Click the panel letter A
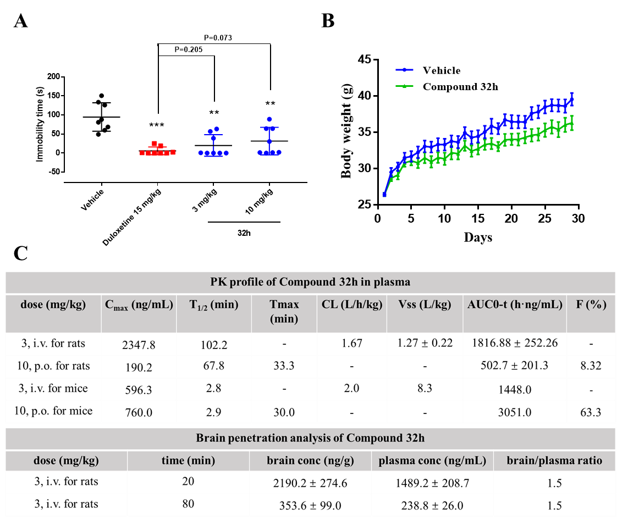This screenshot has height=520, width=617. coord(21,21)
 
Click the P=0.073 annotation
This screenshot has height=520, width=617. coord(218,38)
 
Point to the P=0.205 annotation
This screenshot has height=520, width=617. coord(189,49)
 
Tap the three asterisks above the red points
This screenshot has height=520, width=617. coord(157,125)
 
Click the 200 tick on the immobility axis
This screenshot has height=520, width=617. coord(53,76)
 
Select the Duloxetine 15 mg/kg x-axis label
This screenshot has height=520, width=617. coord(132,217)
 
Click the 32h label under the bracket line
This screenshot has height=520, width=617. coord(244,233)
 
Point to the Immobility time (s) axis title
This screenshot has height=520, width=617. coord(40,124)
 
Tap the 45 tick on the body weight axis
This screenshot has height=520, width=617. coord(365,59)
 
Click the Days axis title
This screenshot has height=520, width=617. coord(478,237)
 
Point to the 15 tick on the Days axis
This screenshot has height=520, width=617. coord(478,218)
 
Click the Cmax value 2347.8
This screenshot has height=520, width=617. coord(139,345)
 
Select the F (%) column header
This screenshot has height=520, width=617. coord(591,305)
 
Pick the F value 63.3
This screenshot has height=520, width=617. coord(591,412)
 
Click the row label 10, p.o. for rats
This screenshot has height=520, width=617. coord(53,366)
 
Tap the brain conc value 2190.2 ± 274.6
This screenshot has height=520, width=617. coord(310,483)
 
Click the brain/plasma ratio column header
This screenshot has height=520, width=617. coord(554,461)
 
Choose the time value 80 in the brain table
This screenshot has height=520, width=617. coord(188,504)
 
